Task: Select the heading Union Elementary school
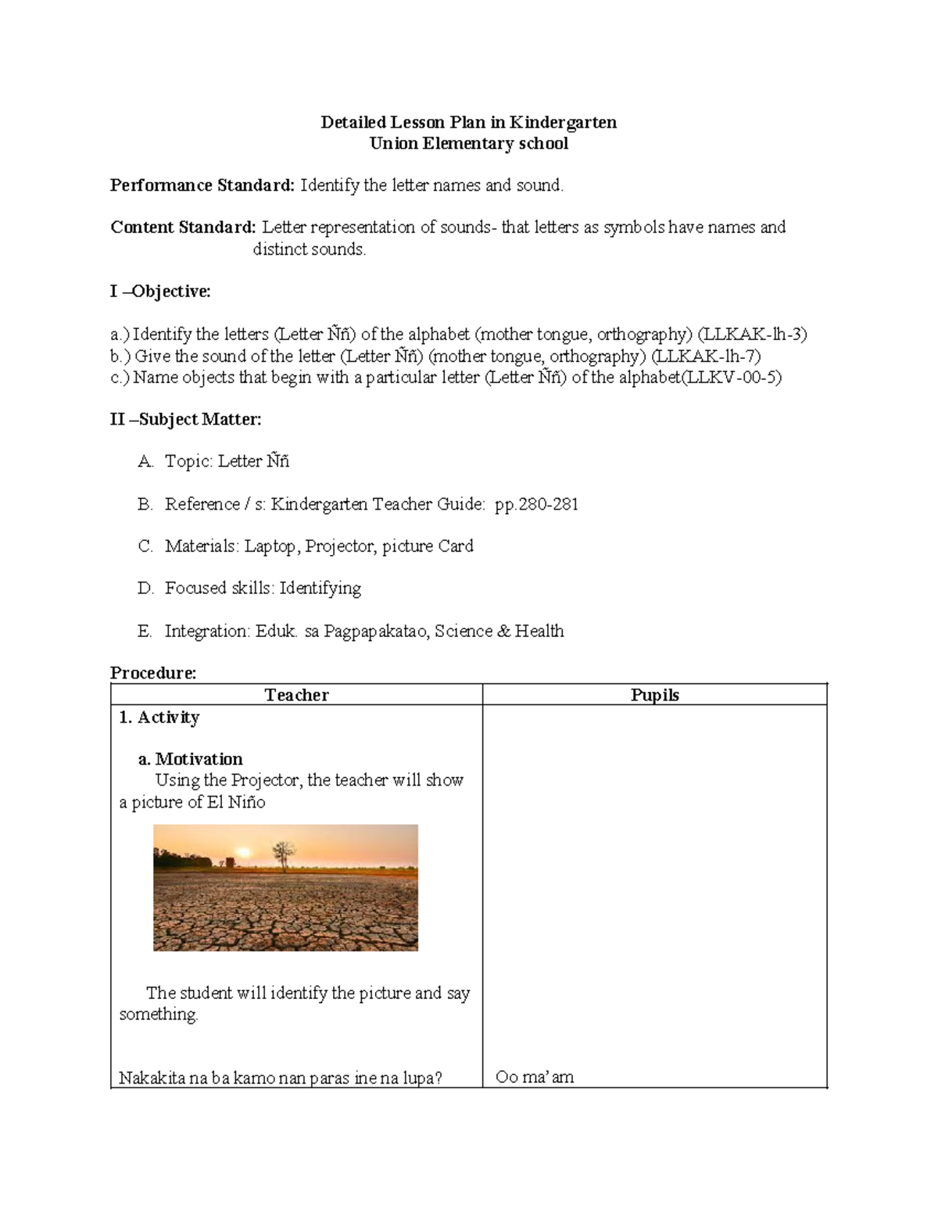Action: tap(469, 144)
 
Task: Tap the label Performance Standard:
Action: tap(202, 185)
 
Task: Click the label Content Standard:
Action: tap(183, 227)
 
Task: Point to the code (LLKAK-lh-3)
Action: tap(752, 335)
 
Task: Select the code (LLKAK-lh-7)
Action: tap(706, 356)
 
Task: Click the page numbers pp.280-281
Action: tap(536, 504)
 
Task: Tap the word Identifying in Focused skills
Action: tap(320, 589)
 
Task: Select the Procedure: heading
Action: tap(153, 673)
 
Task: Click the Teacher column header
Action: tap(296, 695)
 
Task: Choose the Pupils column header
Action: tap(654, 695)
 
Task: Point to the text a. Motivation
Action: tap(190, 759)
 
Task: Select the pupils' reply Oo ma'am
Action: tap(535, 1078)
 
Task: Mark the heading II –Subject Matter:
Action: tap(186, 420)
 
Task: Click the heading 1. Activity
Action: tap(159, 718)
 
